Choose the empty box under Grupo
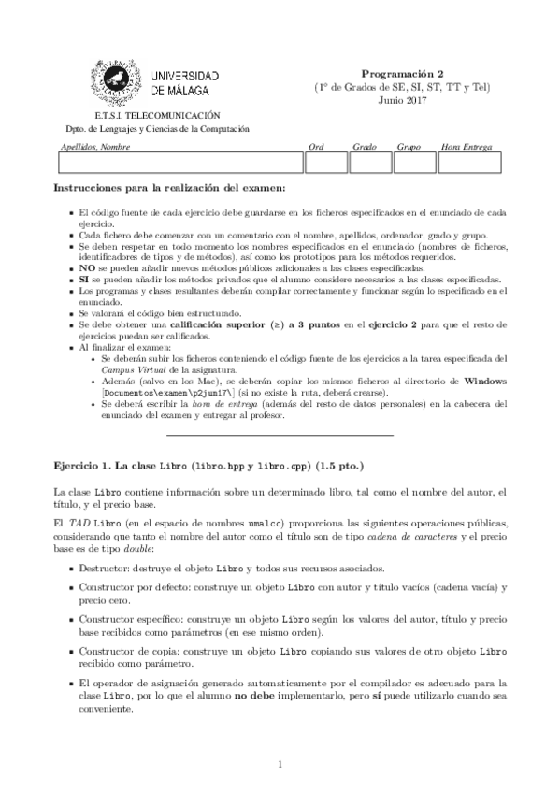pos(412,163)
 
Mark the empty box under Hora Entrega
pos(471,163)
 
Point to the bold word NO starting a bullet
pos(87,267)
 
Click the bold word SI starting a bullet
pos(84,279)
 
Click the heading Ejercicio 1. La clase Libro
pos(120,465)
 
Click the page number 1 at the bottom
pos(280,765)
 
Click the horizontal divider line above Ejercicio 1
pos(280,435)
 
